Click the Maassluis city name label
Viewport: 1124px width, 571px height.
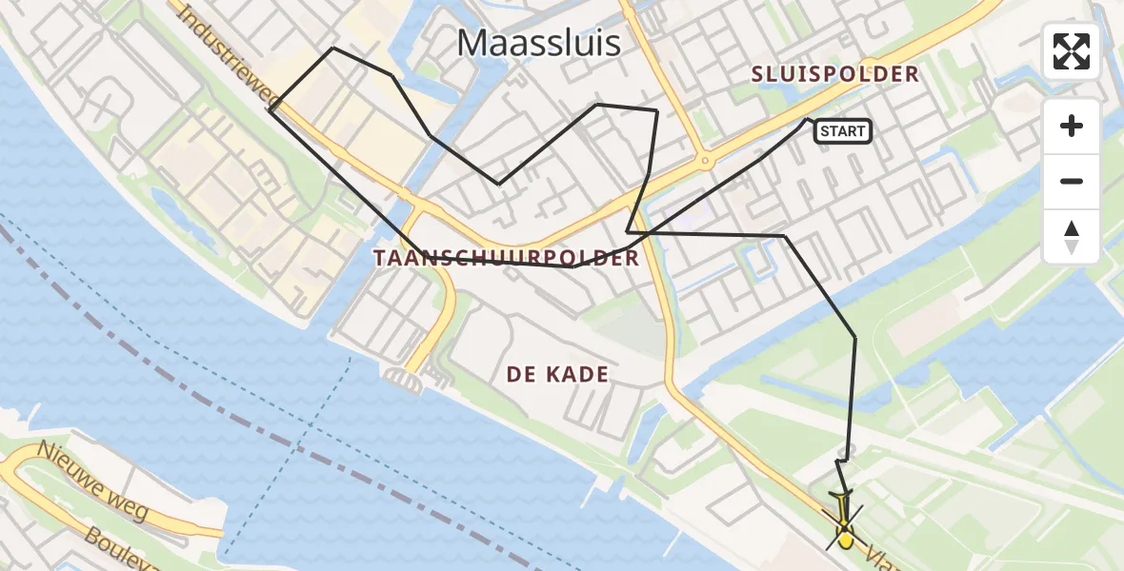point(538,43)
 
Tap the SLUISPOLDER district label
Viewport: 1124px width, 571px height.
point(834,74)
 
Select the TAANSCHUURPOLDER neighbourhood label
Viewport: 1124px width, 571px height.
point(506,258)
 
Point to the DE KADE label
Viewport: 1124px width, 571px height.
point(557,375)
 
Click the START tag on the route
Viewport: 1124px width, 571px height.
point(843,132)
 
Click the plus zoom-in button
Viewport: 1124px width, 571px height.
point(1072,126)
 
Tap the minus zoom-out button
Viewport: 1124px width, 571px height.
point(1072,181)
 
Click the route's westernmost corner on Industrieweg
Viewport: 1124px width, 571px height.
point(271,111)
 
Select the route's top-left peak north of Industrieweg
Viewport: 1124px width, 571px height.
point(332,48)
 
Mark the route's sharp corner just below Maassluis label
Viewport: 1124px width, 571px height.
point(498,184)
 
